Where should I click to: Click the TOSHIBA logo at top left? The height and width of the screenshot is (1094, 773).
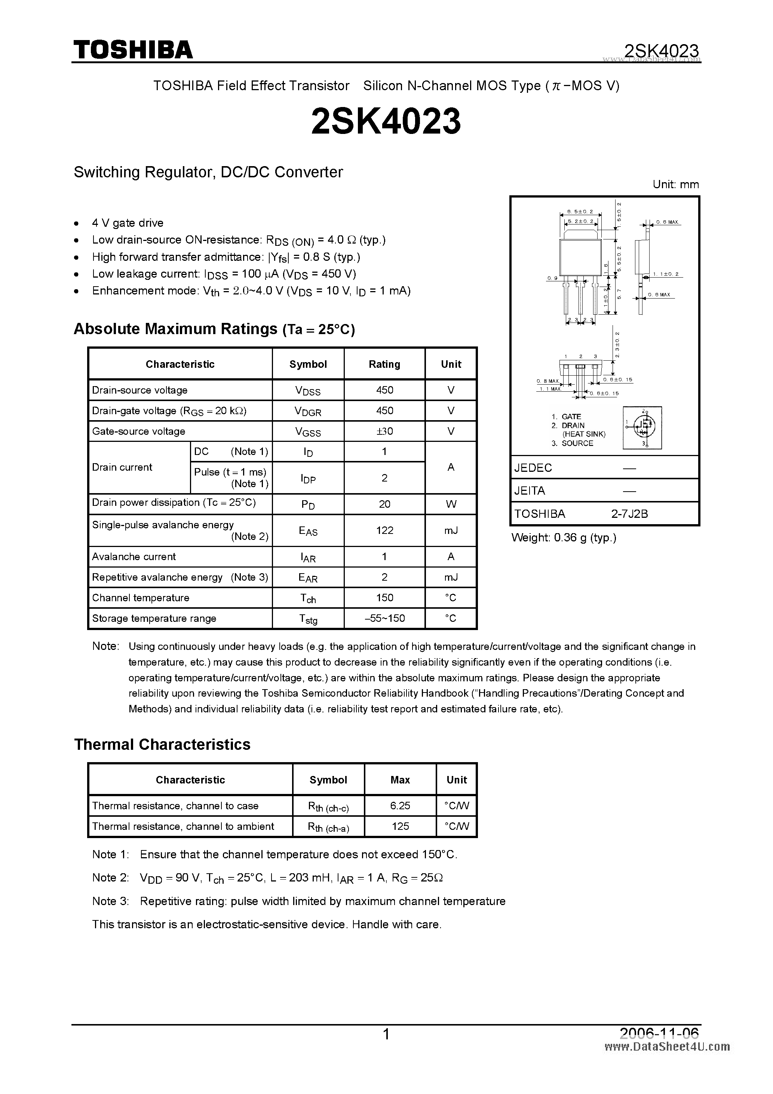pyautogui.click(x=133, y=49)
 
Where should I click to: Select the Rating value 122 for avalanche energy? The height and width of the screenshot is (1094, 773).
pyautogui.click(x=384, y=530)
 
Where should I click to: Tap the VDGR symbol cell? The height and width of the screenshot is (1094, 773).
pyautogui.click(x=308, y=411)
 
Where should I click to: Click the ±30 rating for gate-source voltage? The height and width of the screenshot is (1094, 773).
pyautogui.click(x=384, y=431)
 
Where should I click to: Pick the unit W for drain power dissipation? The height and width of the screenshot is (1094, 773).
pyautogui.click(x=451, y=504)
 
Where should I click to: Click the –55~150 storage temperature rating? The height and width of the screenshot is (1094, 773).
pyautogui.click(x=384, y=618)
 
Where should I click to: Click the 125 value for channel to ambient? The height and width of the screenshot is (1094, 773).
pyautogui.click(x=400, y=826)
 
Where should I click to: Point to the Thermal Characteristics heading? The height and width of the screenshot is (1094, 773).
pyautogui.click(x=162, y=744)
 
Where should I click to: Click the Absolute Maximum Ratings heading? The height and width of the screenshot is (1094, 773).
pyautogui.click(x=214, y=329)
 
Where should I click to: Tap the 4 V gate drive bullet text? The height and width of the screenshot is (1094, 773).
pyautogui.click(x=128, y=223)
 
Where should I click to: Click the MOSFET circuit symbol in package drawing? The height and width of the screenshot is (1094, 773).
pyautogui.click(x=642, y=427)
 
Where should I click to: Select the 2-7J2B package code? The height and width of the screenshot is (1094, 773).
pyautogui.click(x=630, y=514)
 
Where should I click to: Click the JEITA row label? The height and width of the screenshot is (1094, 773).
pyautogui.click(x=530, y=491)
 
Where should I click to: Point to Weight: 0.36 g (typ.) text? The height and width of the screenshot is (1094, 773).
pyautogui.click(x=564, y=538)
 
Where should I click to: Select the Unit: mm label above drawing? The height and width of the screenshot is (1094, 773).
pyautogui.click(x=675, y=185)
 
